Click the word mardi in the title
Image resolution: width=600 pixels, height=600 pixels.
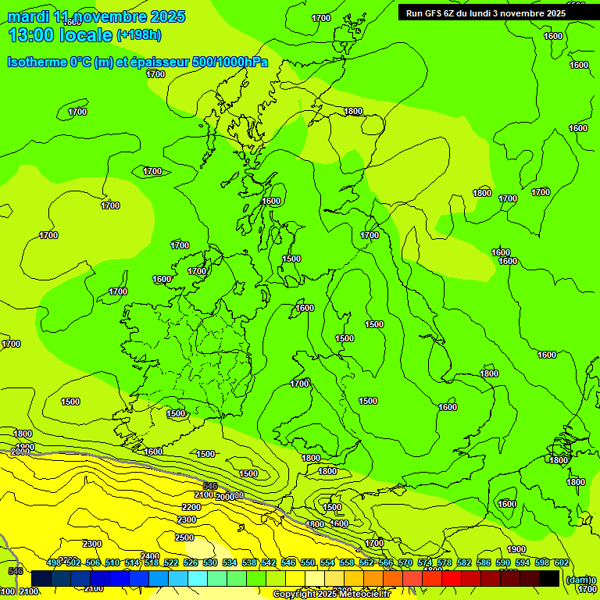pyautogui.click(x=27, y=16)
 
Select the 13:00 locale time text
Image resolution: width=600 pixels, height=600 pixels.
pyautogui.click(x=60, y=34)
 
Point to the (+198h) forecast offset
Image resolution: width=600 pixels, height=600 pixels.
pyautogui.click(x=140, y=35)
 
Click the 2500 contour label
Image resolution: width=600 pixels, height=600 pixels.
pyautogui.click(x=184, y=537)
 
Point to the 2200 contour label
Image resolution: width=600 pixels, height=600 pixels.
pyautogui.click(x=191, y=507)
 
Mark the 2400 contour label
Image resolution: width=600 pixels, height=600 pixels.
pyautogui.click(x=150, y=556)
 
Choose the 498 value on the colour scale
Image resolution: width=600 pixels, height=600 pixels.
pyautogui.click(x=54, y=562)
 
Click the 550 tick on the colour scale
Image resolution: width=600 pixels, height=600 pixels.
pyautogui.click(x=308, y=562)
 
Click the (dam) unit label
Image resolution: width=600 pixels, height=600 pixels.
pyautogui.click(x=577, y=580)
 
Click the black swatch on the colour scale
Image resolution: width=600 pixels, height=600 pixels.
pyautogui.click(x=549, y=578)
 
